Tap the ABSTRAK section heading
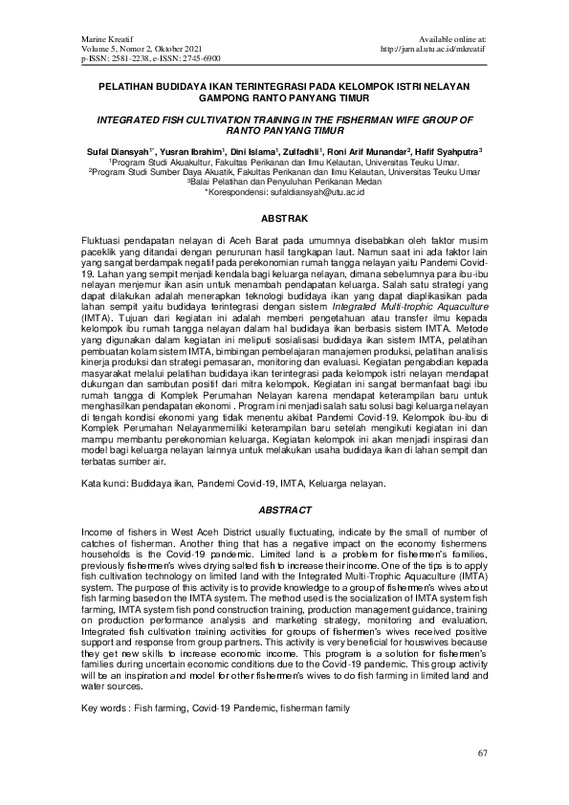(x=284, y=217)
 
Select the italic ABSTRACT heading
(x=284, y=511)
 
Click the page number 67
(x=483, y=755)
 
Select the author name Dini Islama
(x=252, y=151)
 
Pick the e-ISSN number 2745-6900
(x=198, y=57)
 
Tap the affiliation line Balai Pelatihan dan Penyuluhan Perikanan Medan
(x=285, y=182)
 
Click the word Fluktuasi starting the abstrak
(x=107, y=235)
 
